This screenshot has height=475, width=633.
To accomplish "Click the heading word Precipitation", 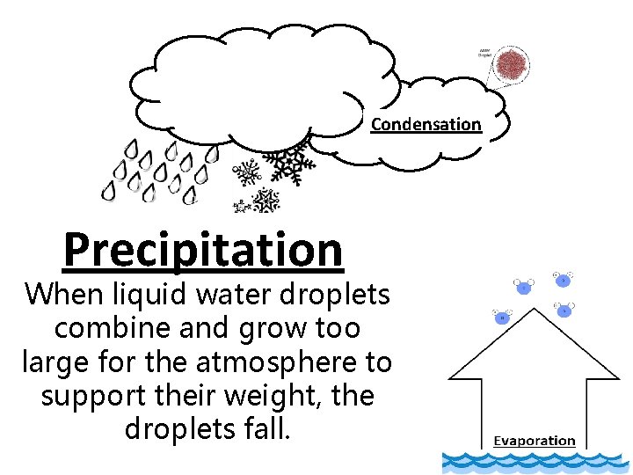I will tap(203, 249).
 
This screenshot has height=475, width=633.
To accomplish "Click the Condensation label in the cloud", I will tap(426, 124).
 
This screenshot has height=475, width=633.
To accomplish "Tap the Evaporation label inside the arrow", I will tap(534, 441).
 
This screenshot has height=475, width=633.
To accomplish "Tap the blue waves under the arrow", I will tap(536, 463).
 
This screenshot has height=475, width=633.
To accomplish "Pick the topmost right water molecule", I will tap(562, 281).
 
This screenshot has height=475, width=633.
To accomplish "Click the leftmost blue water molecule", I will tap(502, 317).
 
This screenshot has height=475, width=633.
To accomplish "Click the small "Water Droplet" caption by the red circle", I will tap(485, 52).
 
